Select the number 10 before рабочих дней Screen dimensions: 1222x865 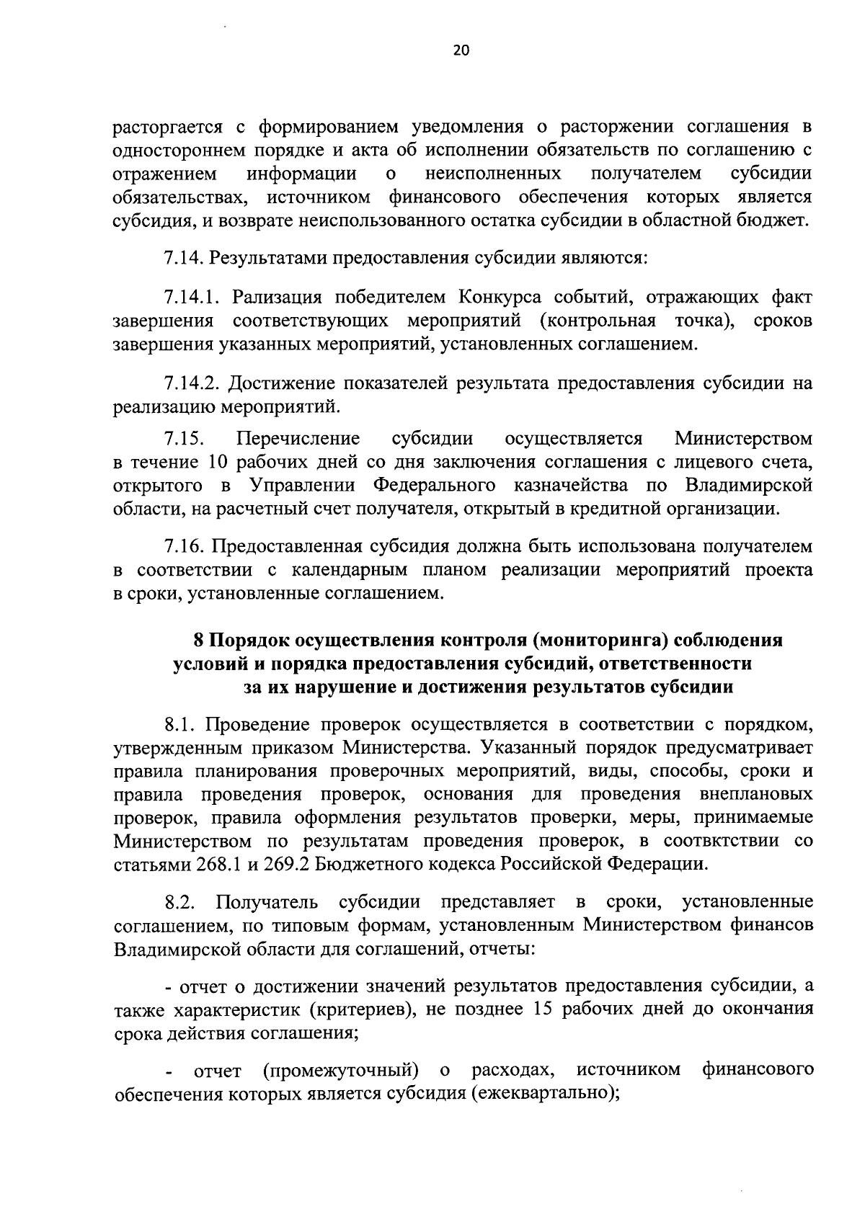click(x=218, y=462)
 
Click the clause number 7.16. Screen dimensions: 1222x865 click(x=186, y=546)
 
